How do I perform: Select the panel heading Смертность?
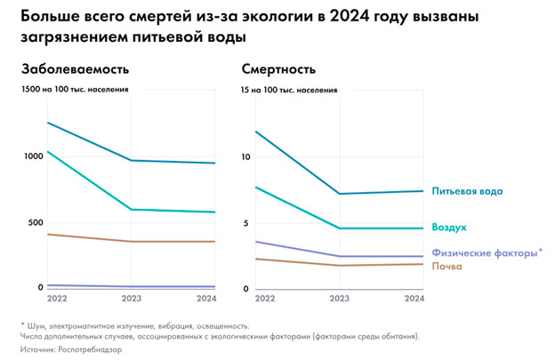pyautogui.click(x=277, y=69)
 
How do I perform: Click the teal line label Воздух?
pyautogui.click(x=449, y=228)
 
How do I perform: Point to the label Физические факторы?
pyautogui.click(x=484, y=252)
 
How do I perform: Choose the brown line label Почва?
pyautogui.click(x=446, y=266)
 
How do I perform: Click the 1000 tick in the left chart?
pyautogui.click(x=32, y=156)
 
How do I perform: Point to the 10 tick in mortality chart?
pyautogui.click(x=247, y=156)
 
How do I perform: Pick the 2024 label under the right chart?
pyautogui.click(x=412, y=299)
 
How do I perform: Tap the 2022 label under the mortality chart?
pyautogui.click(x=253, y=299)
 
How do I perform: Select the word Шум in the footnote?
pyautogui.click(x=35, y=325)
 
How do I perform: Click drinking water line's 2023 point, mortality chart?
pyautogui.click(x=339, y=194)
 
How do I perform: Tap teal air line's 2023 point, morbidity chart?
pyautogui.click(x=132, y=209)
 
